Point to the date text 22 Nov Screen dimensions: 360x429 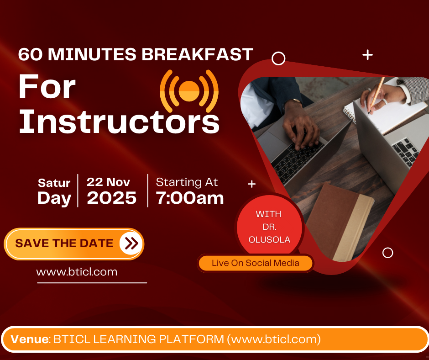click(108, 182)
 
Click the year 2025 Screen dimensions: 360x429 click(112, 198)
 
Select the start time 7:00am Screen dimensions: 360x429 click(189, 198)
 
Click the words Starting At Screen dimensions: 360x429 click(187, 182)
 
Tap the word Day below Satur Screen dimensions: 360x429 click(54, 198)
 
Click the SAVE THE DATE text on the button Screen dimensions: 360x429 click(64, 243)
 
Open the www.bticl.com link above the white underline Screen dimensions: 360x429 click(77, 272)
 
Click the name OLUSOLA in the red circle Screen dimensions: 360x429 click(269, 240)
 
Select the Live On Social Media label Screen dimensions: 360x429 click(255, 263)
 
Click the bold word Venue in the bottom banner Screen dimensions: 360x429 click(30, 339)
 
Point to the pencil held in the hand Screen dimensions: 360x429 click(377, 93)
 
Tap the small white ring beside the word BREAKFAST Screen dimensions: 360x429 click(278, 58)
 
